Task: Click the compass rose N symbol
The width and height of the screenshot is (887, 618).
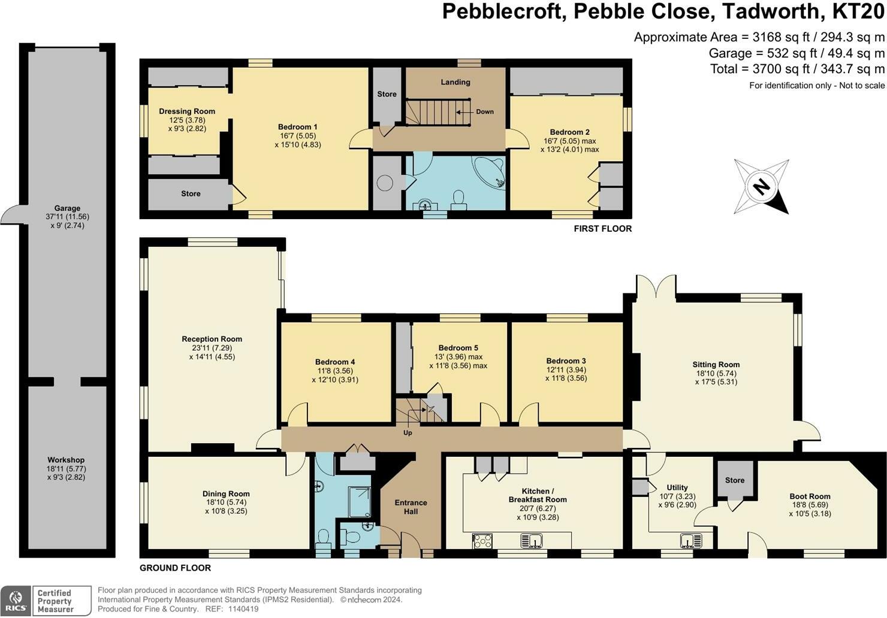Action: [761, 186]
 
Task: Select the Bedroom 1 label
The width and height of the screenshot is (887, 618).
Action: [298, 127]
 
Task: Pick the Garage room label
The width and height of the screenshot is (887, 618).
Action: [67, 208]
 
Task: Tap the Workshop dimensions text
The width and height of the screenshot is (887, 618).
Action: [66, 473]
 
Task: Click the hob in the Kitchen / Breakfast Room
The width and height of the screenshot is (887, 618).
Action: [482, 541]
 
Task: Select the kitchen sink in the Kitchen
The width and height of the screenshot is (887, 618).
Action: [532, 541]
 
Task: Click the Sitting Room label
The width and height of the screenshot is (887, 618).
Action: [716, 365]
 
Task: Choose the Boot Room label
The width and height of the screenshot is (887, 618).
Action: [810, 496]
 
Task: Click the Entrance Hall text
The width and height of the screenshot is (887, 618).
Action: [411, 507]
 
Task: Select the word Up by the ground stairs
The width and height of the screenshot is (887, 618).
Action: [408, 433]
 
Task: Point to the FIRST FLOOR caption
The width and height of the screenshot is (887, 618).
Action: [603, 229]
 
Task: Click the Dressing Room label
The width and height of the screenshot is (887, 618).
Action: [187, 111]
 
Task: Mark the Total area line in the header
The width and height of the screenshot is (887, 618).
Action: [797, 69]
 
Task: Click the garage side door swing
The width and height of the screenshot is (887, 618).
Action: [12, 214]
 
